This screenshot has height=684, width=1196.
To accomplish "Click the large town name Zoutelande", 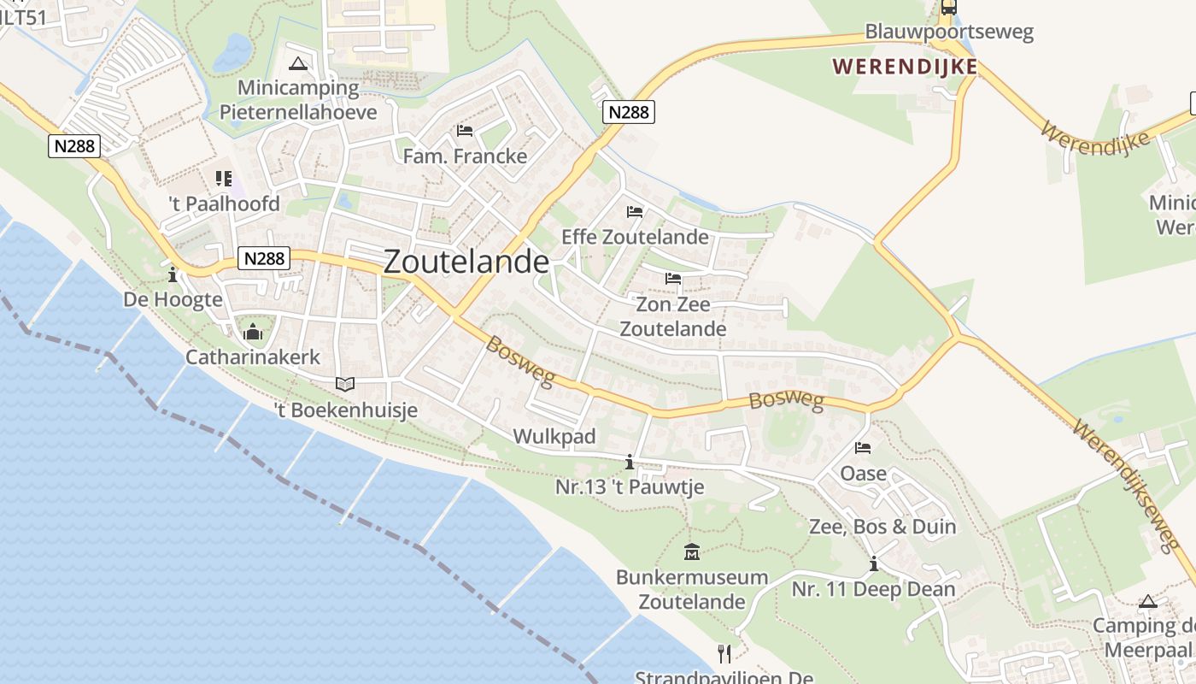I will pos(466,262).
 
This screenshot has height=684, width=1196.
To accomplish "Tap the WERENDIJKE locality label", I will pos(904,66).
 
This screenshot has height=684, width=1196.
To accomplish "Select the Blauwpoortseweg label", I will pos(949,32).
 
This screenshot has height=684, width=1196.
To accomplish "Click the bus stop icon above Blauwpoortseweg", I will pos(949,8).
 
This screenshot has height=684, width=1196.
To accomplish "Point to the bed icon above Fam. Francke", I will pos(465,131).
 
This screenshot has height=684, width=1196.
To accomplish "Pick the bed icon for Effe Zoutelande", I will pos(634,211).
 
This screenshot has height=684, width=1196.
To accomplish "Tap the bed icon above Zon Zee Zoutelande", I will pos(672,279).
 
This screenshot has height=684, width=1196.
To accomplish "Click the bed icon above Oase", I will pos(863,448).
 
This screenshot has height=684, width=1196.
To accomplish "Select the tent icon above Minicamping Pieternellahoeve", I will pos(297,62).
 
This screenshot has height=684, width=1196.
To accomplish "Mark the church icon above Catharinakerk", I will pos(253,332).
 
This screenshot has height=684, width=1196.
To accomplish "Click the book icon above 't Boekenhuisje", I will pos(345,385).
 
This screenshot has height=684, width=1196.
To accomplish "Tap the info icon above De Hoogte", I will pos(173,274).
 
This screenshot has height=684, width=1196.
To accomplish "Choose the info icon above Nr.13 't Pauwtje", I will pos(630,463).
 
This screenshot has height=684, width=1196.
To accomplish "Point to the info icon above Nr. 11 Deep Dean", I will pos(873,564).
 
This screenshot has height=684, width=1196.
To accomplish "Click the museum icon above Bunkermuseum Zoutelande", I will pos(692,552).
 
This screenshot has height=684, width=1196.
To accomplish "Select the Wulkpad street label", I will pos(554,437).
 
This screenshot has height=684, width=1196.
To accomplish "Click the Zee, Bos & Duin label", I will pos(882,527).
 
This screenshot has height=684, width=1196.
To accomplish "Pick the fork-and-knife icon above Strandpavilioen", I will pos(724,654).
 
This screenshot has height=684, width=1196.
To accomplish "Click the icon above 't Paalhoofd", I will pos(224,179).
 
